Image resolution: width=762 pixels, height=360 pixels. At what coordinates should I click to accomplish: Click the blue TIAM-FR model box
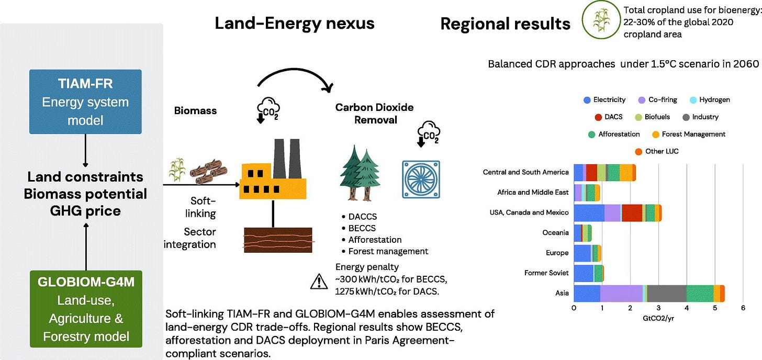[85, 102]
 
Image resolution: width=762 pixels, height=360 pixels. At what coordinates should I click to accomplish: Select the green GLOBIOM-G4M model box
[86, 309]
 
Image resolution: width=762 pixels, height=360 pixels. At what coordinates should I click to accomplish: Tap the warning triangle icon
[319, 282]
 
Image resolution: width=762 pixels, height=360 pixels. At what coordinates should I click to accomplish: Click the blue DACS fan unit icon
[421, 179]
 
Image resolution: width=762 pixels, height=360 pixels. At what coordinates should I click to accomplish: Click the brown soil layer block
[278, 240]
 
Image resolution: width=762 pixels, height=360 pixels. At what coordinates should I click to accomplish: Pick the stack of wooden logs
[208, 172]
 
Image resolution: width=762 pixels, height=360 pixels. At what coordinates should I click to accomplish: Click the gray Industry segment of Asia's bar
[667, 294]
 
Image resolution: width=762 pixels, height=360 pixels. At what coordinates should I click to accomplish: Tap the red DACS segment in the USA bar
[632, 213]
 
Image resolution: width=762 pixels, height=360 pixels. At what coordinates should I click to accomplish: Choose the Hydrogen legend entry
[710, 100]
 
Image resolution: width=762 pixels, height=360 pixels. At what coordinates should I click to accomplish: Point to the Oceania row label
[555, 232]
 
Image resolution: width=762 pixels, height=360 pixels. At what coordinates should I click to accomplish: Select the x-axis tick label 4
[687, 308]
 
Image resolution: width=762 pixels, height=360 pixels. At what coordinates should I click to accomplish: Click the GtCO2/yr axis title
[658, 319]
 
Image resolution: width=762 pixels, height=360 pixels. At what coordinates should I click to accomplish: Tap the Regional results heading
[505, 24]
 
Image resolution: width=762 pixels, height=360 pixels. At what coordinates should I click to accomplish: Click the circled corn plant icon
[601, 19]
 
